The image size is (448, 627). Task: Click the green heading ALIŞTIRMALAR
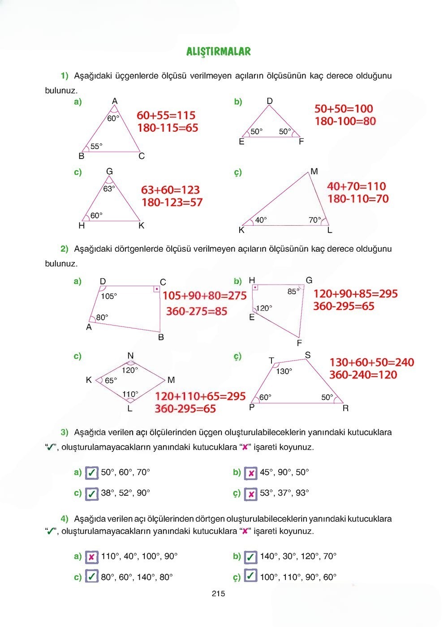(218, 52)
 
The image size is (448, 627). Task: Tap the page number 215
(218, 594)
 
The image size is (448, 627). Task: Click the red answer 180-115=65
(168, 128)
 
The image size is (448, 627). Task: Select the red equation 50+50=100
(344, 108)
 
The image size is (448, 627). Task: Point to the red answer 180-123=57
(172, 202)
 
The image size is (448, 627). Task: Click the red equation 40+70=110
(356, 186)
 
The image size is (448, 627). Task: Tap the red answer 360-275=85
(197, 311)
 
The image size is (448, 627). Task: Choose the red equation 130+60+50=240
(372, 362)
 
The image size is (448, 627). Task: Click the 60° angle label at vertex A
(113, 118)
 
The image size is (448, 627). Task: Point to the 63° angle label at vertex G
(109, 189)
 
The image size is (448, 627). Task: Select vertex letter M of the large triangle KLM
(314, 172)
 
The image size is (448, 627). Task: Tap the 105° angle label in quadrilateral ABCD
(109, 296)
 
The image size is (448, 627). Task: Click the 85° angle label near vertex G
(293, 292)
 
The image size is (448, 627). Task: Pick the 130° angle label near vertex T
(284, 371)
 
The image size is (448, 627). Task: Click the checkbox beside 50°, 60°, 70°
(91, 472)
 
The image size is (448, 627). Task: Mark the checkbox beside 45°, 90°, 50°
(251, 472)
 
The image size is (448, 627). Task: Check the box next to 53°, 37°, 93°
(251, 494)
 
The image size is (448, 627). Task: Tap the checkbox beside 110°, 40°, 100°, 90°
(91, 557)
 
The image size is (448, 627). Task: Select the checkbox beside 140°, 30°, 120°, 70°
(251, 557)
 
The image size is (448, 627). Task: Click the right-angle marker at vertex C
(156, 289)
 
